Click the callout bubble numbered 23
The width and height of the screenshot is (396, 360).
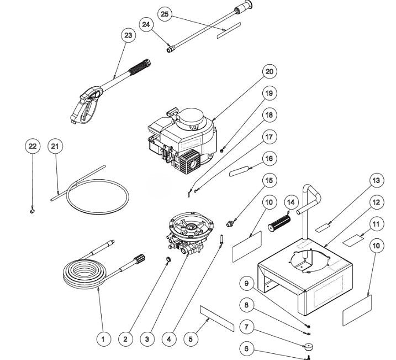pyautogui.click(x=128, y=35)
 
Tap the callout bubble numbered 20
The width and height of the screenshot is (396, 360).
pyautogui.click(x=269, y=71)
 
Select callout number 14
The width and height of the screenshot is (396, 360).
pyautogui.click(x=291, y=203)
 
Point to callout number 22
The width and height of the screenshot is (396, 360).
pyautogui.click(x=33, y=146)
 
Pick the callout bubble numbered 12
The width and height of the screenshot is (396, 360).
pyautogui.click(x=376, y=202)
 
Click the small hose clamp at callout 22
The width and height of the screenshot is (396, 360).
pyautogui.click(x=32, y=210)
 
